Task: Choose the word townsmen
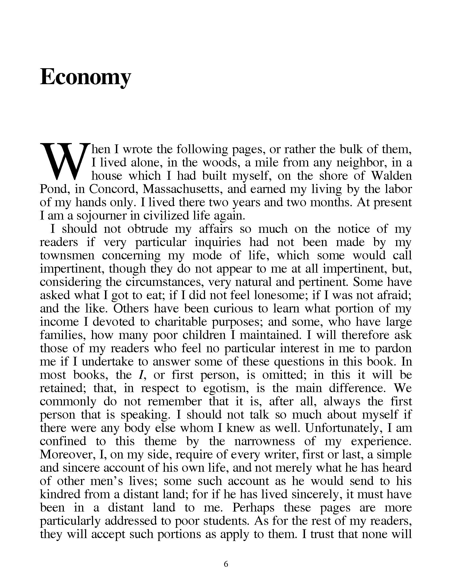click(67, 255)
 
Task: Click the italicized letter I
click(140, 375)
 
